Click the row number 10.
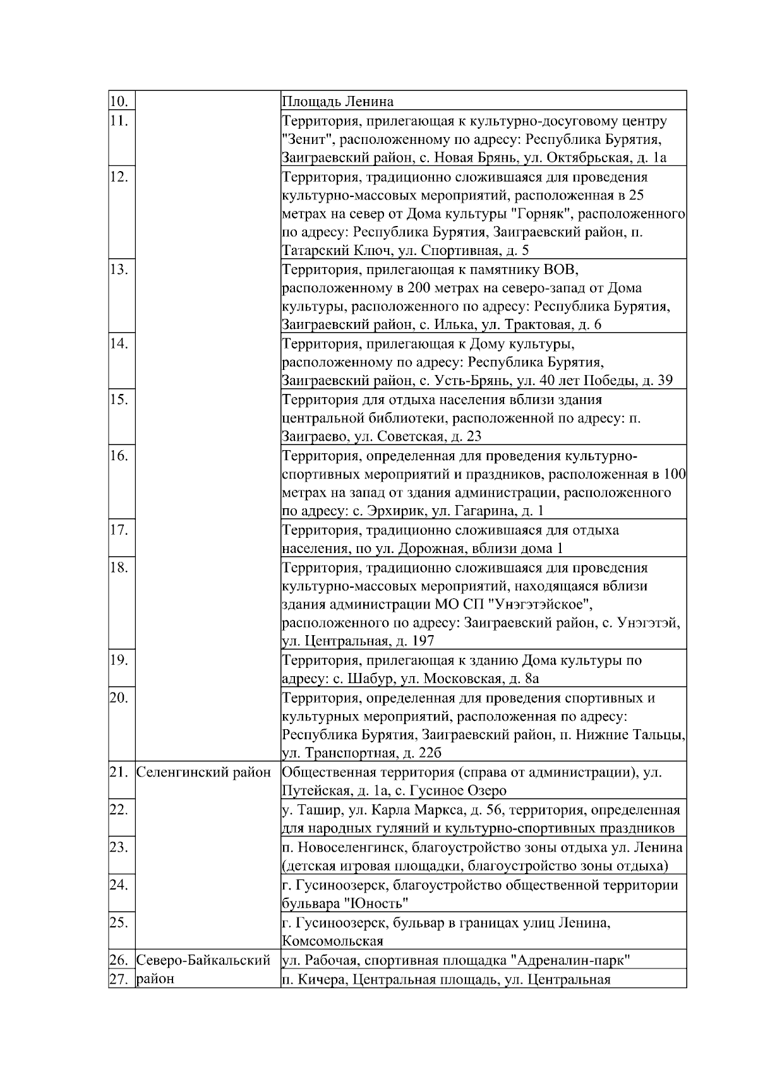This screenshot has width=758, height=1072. (x=119, y=102)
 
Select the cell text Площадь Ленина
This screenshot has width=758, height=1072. (x=337, y=102)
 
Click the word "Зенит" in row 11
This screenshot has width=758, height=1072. (x=303, y=139)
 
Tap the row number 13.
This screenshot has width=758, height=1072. (x=119, y=270)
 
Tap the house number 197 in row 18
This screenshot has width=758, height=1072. (x=422, y=641)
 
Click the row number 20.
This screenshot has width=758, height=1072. (x=119, y=697)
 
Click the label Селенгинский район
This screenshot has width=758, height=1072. (x=203, y=771)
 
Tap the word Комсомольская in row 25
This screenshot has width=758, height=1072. (x=332, y=940)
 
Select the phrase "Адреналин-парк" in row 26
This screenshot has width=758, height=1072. (x=570, y=960)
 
